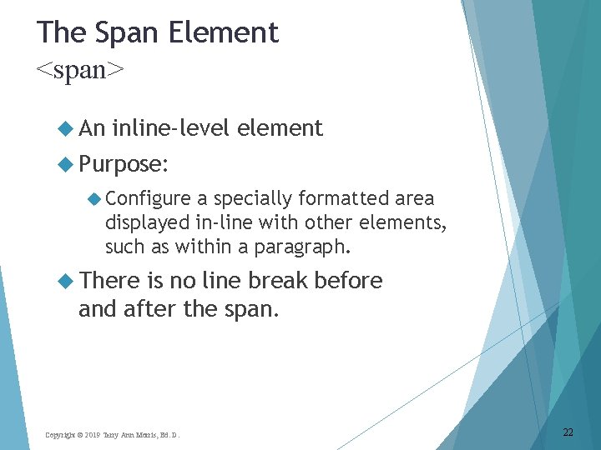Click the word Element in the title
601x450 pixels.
click(223, 33)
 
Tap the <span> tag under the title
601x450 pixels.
click(80, 71)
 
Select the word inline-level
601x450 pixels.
click(171, 128)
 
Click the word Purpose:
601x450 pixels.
click(124, 164)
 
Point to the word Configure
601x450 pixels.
click(148, 198)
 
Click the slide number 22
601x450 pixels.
click(568, 432)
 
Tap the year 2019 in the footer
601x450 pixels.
click(92, 435)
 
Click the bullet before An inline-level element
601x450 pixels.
click(65, 128)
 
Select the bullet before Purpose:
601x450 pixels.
click(65, 164)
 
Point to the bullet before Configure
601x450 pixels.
click(94, 198)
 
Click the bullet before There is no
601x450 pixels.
click(65, 282)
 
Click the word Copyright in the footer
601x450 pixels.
click(60, 435)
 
